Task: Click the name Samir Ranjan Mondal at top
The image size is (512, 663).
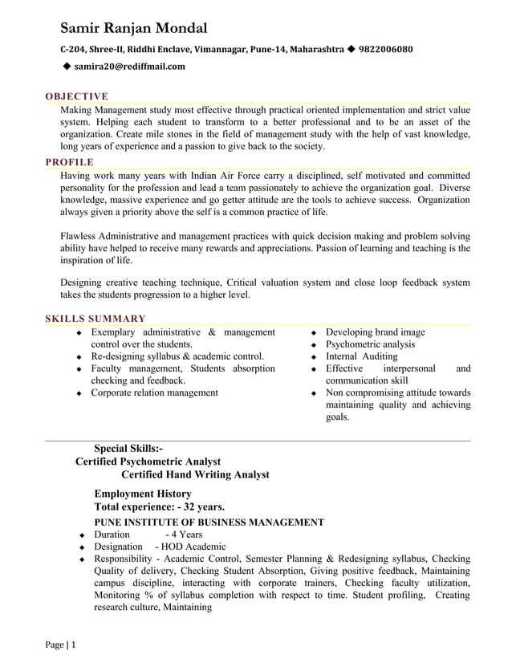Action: pyautogui.click(x=134, y=29)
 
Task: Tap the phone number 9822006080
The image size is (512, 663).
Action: pyautogui.click(x=386, y=50)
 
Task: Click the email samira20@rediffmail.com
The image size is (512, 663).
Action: pyautogui.click(x=129, y=67)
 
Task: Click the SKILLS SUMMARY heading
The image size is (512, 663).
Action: pyautogui.click(x=95, y=319)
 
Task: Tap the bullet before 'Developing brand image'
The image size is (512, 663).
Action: pyautogui.click(x=315, y=333)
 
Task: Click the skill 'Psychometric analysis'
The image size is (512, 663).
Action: pyautogui.click(x=370, y=344)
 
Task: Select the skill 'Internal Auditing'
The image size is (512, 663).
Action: pyautogui.click(x=361, y=356)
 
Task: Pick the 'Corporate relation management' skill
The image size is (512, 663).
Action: pyautogui.click(x=154, y=393)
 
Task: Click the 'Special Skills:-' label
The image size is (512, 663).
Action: pyautogui.click(x=128, y=449)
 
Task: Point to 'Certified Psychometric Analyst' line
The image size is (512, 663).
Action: pyautogui.click(x=148, y=462)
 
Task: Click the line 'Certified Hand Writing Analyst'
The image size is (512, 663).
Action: pyautogui.click(x=195, y=474)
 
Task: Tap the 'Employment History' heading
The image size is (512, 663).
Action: pyautogui.click(x=143, y=494)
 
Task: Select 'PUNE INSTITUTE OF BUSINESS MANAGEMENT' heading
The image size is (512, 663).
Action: pyautogui.click(x=209, y=523)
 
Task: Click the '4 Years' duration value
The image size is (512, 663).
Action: pyautogui.click(x=184, y=535)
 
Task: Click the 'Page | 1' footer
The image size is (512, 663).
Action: pyautogui.click(x=59, y=645)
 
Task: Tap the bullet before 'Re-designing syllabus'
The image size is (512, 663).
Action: pyautogui.click(x=79, y=357)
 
